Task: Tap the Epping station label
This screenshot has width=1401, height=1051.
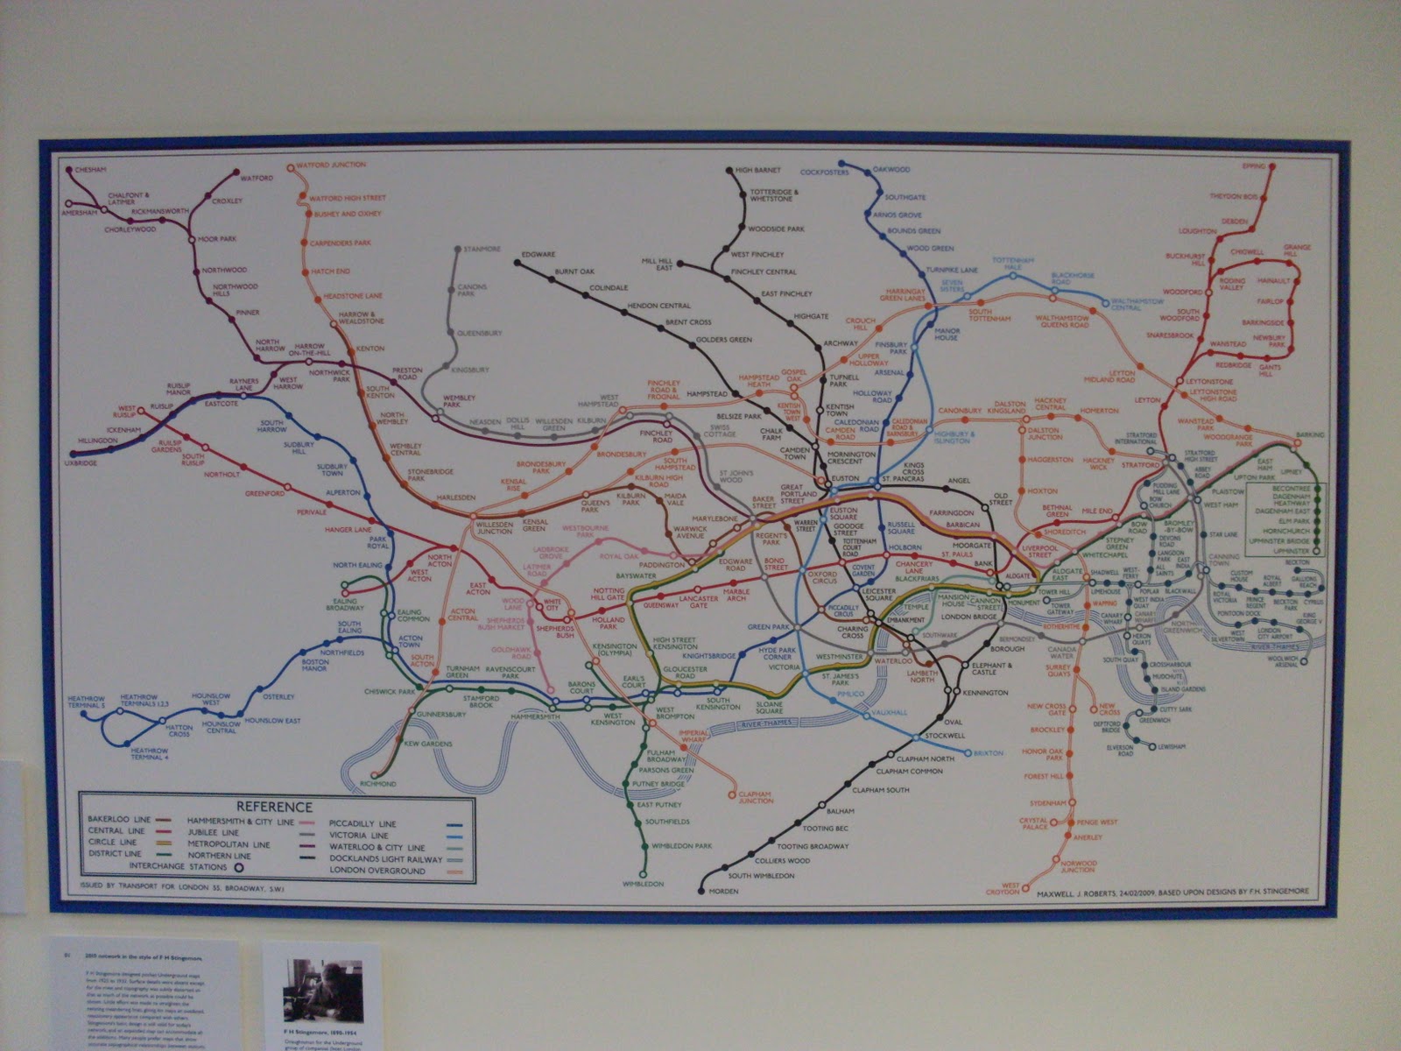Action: pos(1255,165)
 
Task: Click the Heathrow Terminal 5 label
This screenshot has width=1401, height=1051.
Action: pos(85,701)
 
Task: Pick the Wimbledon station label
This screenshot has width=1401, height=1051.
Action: pos(644,884)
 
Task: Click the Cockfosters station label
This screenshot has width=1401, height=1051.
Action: pos(824,173)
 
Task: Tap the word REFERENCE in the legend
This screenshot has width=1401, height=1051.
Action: pos(272,807)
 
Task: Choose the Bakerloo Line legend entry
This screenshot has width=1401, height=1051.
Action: pos(114,818)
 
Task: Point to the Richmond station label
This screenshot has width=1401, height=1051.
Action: pos(378,783)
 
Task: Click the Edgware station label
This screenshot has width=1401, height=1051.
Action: pos(538,255)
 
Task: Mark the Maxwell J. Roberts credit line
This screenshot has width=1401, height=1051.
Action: pos(1173,892)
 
